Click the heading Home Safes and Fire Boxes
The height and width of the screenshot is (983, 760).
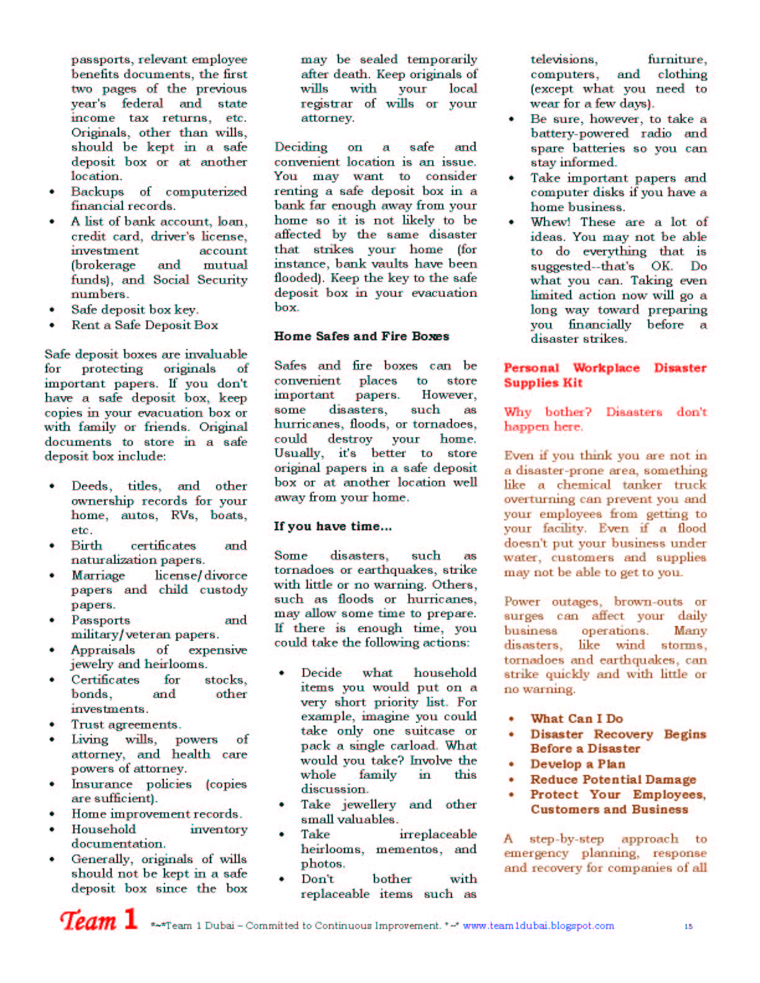[361, 337]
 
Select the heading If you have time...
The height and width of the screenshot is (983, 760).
[333, 527]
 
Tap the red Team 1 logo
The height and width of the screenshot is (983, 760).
[98, 920]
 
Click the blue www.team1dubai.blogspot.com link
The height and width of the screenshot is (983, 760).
[538, 926]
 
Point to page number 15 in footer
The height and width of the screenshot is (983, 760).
[688, 926]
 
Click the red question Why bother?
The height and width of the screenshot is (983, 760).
[548, 412]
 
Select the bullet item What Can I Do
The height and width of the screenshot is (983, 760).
[576, 718]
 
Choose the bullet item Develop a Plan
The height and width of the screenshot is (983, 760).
[577, 764]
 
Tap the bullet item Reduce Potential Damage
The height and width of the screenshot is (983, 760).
[613, 779]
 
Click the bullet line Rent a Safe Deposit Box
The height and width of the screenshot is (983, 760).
[144, 325]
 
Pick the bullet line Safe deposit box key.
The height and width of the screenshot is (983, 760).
[135, 309]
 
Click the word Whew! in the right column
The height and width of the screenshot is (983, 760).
[550, 222]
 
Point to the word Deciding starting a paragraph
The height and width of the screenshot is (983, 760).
[301, 147]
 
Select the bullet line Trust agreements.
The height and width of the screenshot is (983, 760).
[126, 724]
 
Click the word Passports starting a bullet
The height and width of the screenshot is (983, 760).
[101, 620]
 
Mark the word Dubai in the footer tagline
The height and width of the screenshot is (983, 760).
[220, 926]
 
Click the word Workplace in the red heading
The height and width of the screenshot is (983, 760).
[606, 368]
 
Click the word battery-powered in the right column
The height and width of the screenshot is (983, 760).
[579, 134]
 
